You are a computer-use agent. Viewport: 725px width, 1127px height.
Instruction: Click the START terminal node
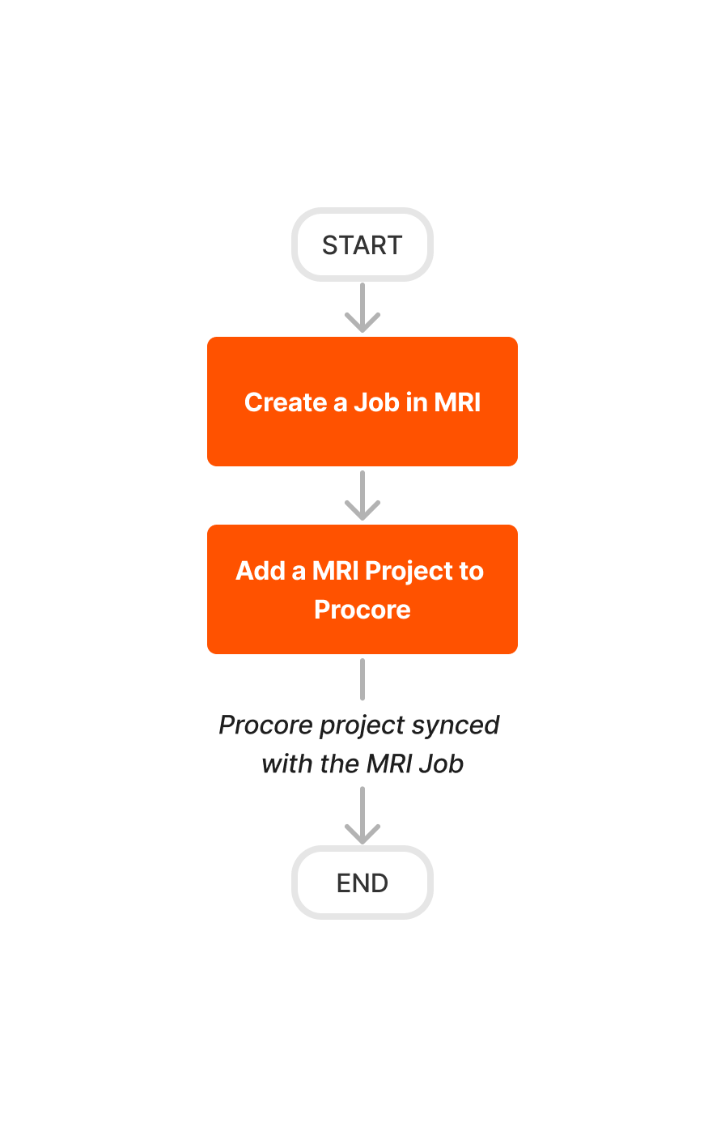[362, 245]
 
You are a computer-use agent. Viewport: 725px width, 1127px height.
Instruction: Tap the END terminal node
[362, 882]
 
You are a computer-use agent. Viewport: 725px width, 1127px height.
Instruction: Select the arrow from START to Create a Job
[362, 308]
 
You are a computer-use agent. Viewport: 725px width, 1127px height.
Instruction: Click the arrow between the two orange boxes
[362, 495]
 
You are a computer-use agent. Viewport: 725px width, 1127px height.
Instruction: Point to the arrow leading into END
[362, 816]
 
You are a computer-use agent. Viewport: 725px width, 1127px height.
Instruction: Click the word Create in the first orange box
[286, 402]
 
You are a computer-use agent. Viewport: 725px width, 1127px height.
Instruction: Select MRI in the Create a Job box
[457, 402]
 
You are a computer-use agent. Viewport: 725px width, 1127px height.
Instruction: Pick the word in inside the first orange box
[417, 402]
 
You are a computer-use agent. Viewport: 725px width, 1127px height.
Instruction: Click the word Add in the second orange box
[261, 571]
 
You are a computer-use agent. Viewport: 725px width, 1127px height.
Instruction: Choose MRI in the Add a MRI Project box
[336, 571]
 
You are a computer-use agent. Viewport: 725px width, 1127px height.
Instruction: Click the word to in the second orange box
[471, 571]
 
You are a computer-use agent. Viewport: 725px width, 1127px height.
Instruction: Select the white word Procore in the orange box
[362, 610]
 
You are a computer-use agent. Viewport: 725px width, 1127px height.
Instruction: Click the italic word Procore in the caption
[265, 725]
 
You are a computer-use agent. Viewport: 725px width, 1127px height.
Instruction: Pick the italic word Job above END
[442, 763]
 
